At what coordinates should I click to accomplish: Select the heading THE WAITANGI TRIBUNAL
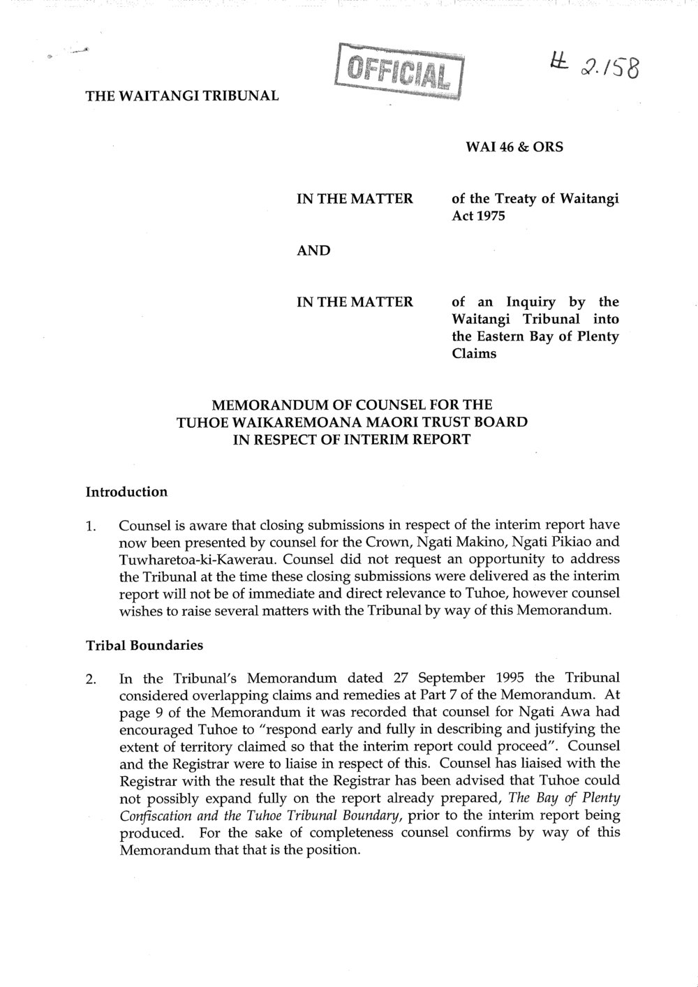coord(182,95)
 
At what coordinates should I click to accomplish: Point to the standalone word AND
coord(314,250)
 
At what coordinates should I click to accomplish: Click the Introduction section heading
coord(126,491)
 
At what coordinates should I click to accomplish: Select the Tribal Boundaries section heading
coord(144,645)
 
